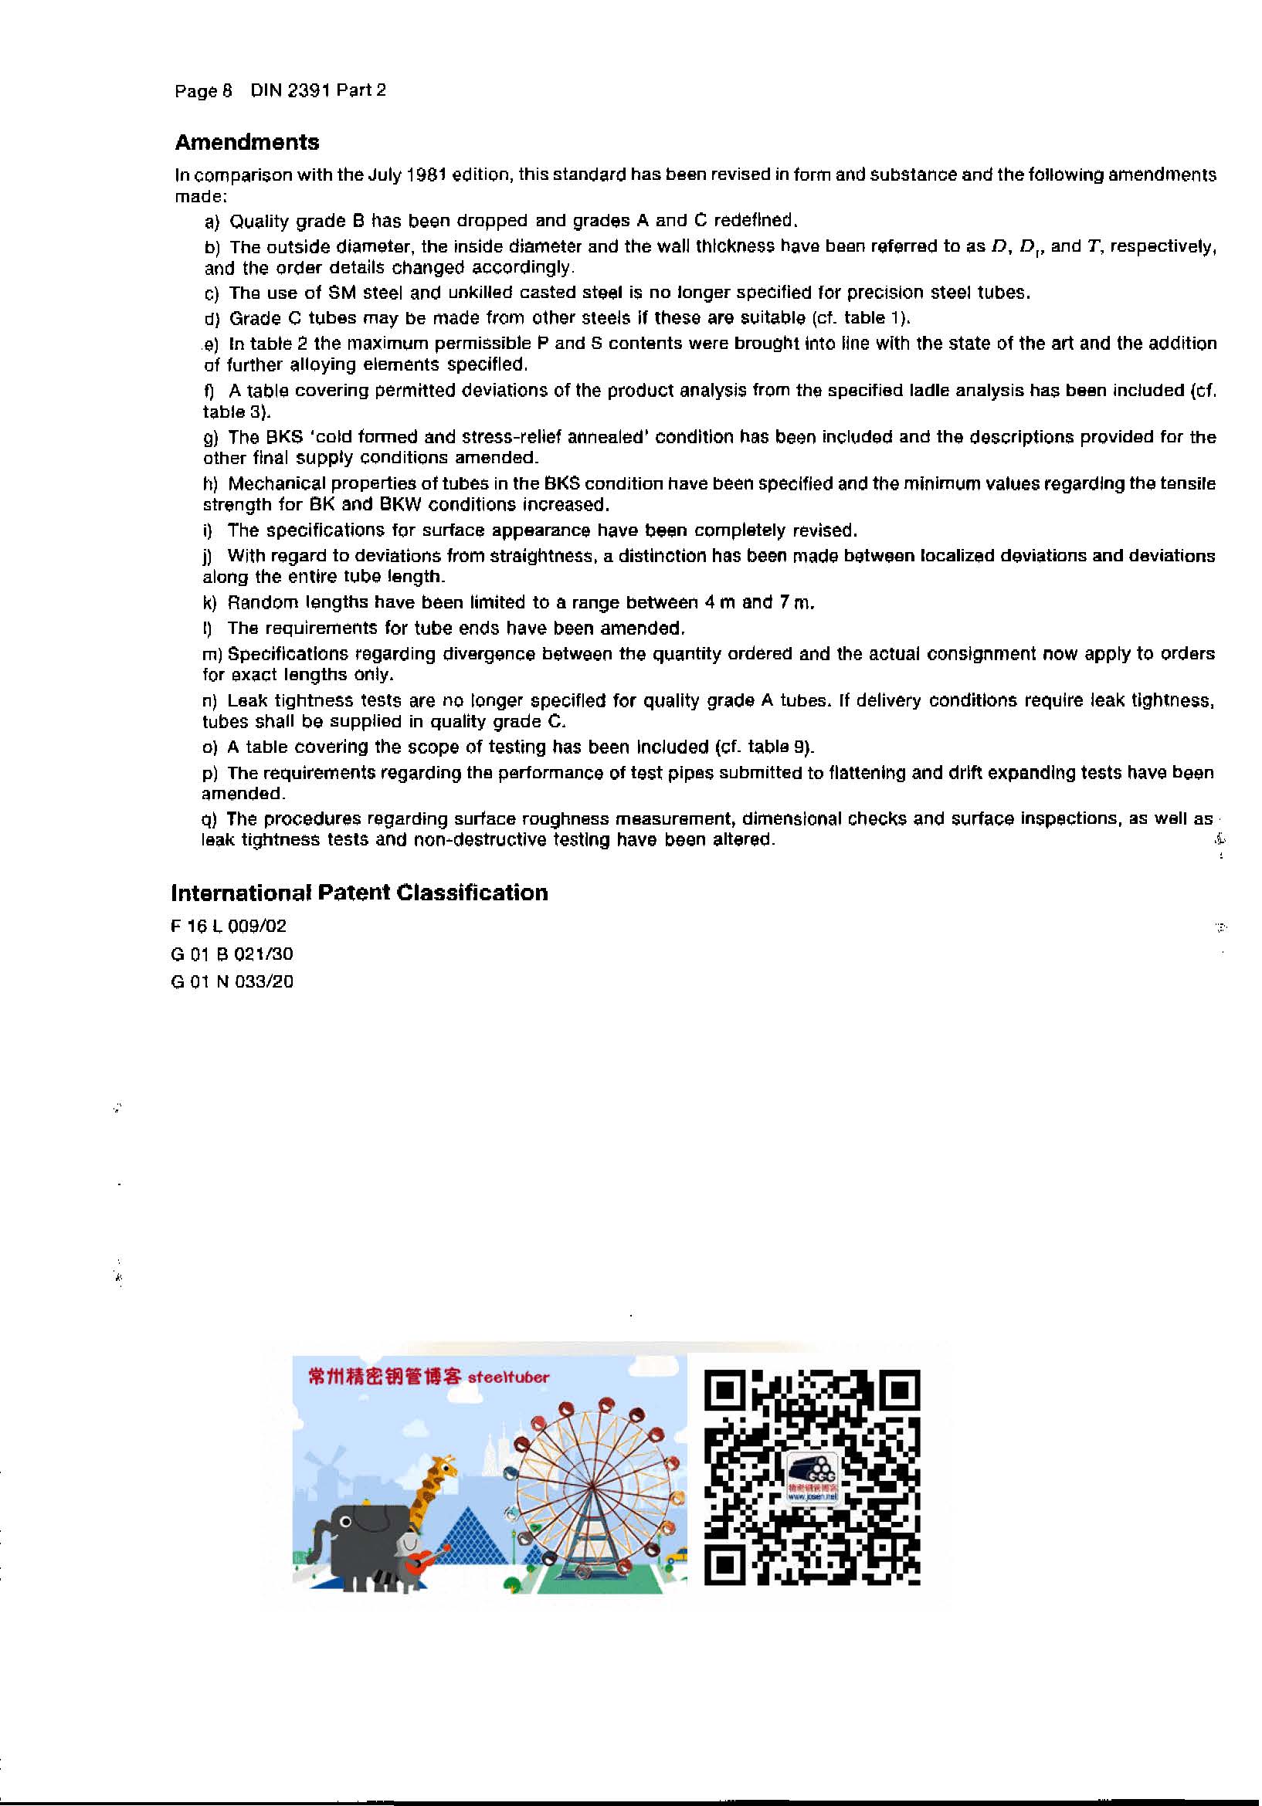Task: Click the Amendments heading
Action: [x=246, y=142]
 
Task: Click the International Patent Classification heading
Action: [x=359, y=893]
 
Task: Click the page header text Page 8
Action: [x=203, y=91]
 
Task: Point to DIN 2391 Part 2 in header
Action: [x=318, y=90]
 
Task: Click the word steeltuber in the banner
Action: [x=508, y=1377]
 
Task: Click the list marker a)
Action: [x=212, y=222]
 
